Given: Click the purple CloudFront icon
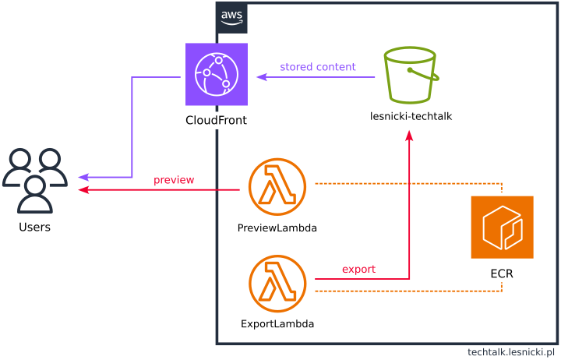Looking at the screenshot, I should (217, 74).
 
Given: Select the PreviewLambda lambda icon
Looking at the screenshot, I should (277, 189).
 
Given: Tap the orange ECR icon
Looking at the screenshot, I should (502, 227).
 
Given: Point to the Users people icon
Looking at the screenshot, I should (35, 181).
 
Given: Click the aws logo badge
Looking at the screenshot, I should (231, 18).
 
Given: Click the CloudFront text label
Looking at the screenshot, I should (217, 120).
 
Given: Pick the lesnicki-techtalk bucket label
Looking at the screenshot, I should (411, 116).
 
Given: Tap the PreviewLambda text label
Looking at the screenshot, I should (277, 228).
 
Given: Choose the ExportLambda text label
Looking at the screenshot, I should (277, 323).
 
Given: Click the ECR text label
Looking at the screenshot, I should (502, 274).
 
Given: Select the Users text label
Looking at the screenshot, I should (35, 227).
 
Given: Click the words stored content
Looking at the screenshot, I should (318, 67).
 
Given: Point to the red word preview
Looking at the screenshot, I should (174, 180).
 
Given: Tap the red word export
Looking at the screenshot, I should (358, 269).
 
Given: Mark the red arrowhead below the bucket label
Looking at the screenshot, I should (410, 136).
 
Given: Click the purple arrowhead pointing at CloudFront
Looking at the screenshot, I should (262, 76).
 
